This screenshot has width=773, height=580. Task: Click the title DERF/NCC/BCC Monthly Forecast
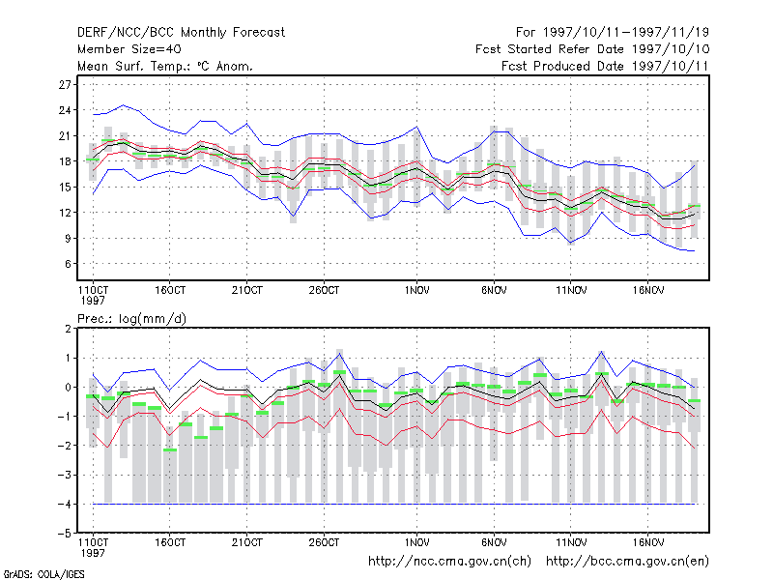point(181,33)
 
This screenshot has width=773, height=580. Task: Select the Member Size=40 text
point(129,49)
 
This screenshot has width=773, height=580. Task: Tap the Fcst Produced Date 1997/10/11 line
point(605,66)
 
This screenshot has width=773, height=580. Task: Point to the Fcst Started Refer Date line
point(592,49)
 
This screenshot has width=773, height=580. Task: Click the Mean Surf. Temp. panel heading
point(164,66)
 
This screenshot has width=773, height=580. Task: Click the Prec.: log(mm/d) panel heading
point(131,319)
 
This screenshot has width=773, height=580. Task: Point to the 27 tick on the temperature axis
point(65,85)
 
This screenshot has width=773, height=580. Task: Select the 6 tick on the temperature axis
point(68,264)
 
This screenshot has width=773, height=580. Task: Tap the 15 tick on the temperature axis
point(65,187)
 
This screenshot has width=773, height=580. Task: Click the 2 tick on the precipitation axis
point(68,329)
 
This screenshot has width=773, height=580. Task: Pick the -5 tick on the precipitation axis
point(65,534)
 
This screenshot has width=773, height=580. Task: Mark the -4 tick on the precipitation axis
point(65,504)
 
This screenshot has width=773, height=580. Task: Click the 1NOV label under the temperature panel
point(417,291)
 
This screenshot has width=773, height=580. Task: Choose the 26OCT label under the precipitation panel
point(324,542)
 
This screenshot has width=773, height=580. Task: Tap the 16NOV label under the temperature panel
point(647,291)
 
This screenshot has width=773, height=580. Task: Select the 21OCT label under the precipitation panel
point(247,542)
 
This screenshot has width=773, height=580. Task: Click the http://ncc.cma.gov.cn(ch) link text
point(449,562)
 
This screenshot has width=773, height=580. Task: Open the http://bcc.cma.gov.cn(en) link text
point(627,562)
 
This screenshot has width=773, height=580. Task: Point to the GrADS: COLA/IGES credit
point(43,574)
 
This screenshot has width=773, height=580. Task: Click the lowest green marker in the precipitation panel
point(170,449)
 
